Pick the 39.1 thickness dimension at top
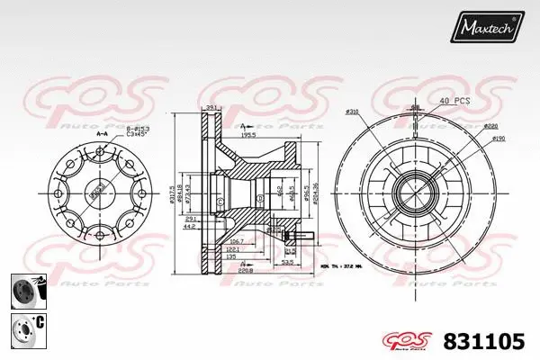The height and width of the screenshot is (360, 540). [212, 107]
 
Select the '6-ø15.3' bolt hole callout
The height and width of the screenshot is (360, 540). [138, 129]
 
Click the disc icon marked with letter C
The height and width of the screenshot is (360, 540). [25, 327]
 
